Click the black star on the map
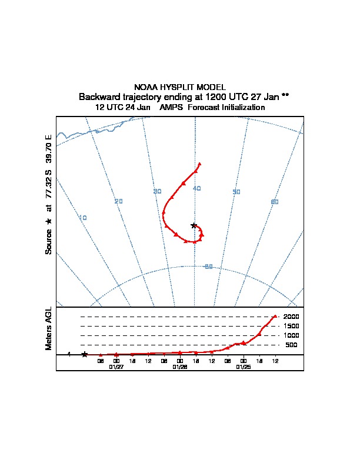[194, 225]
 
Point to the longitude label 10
[83, 218]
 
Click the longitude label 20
[118, 201]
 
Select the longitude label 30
[157, 192]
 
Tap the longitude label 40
[197, 188]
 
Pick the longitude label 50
[236, 192]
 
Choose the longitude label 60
[274, 202]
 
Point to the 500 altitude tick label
[292, 345]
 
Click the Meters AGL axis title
[49, 329]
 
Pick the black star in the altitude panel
[85, 354]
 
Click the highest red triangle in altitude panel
[275, 317]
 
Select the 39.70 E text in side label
[49, 149]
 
